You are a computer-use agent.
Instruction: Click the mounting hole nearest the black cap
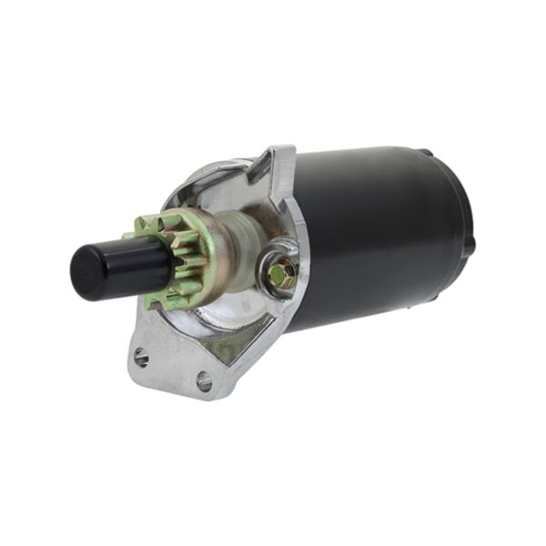click(140, 356)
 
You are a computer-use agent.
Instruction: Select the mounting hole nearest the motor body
click(204, 382)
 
